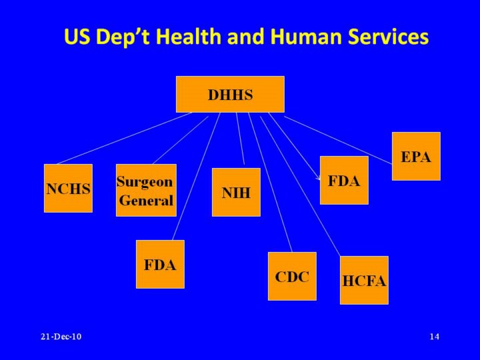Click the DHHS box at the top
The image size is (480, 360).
point(230,94)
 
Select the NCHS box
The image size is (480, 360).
point(68,188)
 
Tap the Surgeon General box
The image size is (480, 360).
point(146,190)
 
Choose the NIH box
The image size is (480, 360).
point(236,193)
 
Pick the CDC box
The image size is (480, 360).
point(292,276)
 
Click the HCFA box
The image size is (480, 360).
point(364,280)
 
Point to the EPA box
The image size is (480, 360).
point(416,156)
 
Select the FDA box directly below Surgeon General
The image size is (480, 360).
point(160,264)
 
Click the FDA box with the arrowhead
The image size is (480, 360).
point(344,180)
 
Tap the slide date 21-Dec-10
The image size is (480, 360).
point(61,337)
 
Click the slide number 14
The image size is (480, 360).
point(434,337)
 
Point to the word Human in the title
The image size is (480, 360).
point(303,37)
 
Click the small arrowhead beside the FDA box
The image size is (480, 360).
point(319,179)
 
